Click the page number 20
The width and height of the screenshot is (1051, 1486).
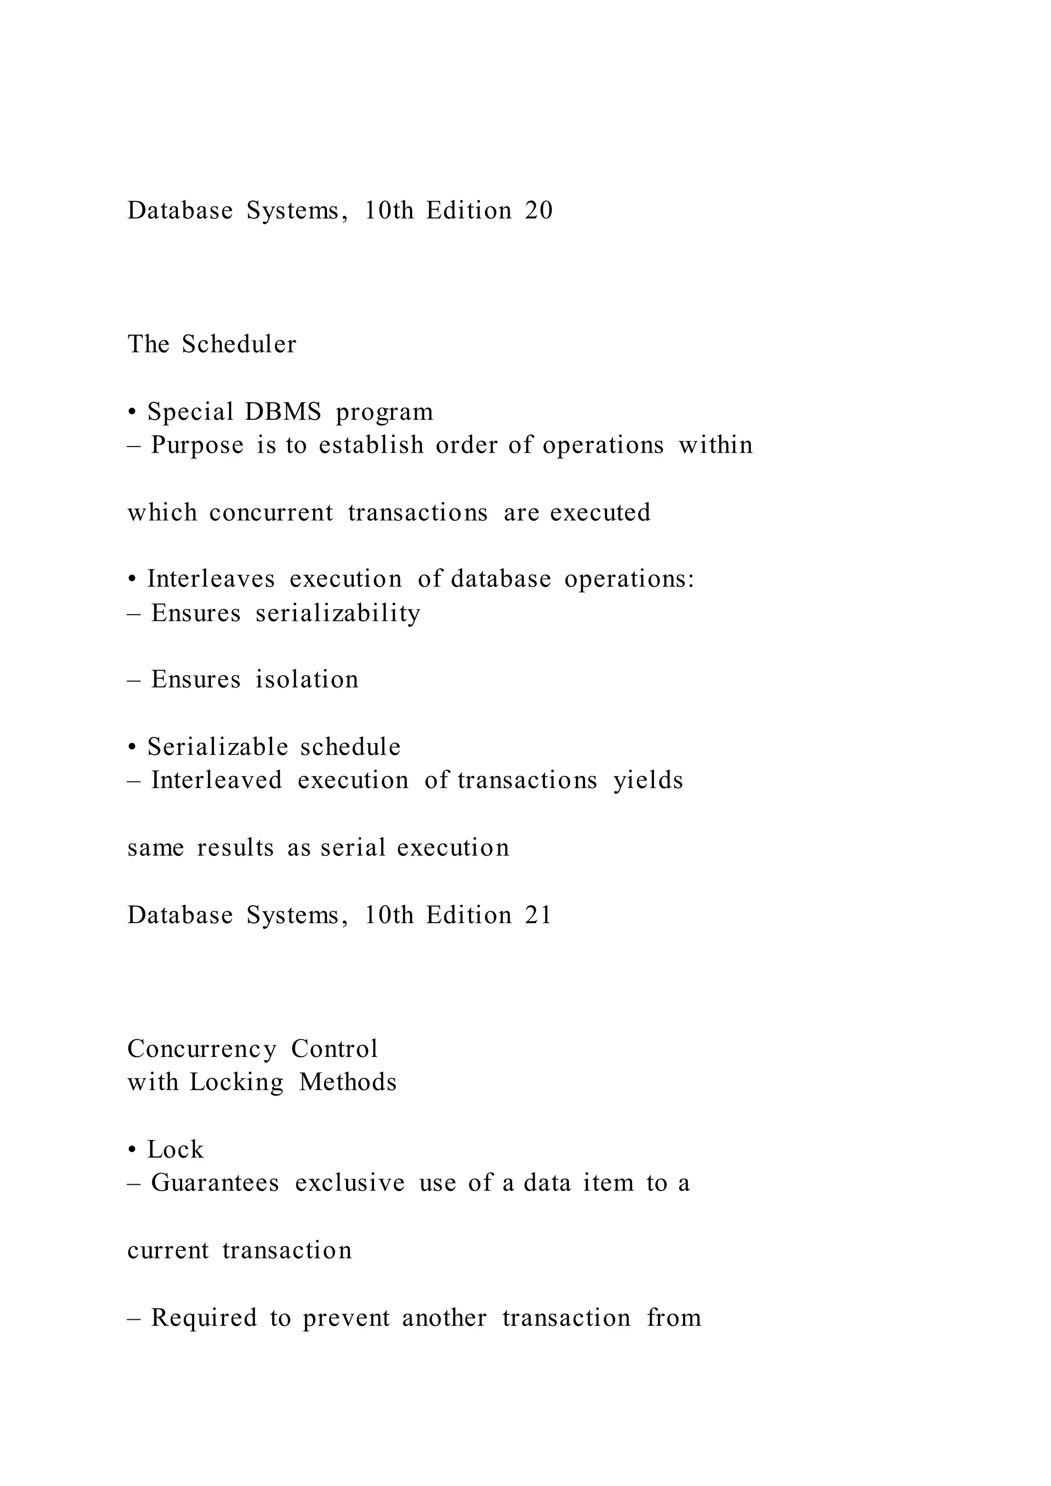coord(538,211)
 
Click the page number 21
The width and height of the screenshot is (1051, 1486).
coord(538,915)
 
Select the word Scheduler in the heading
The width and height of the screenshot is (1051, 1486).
coord(239,344)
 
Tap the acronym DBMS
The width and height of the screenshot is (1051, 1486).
coord(283,412)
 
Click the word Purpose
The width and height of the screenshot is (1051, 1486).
coord(198,445)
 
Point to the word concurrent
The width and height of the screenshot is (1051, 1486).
coord(271,513)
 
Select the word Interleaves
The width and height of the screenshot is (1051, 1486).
coord(211,579)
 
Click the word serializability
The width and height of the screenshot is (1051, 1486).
coord(338,613)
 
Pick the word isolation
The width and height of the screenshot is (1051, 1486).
coord(307,679)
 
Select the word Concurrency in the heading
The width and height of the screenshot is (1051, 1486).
coord(202,1048)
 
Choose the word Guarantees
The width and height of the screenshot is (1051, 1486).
coord(215,1183)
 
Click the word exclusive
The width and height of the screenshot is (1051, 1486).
coord(349,1183)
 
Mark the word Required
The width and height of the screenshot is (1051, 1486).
coord(204,1318)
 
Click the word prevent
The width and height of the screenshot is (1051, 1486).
coord(346,1318)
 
